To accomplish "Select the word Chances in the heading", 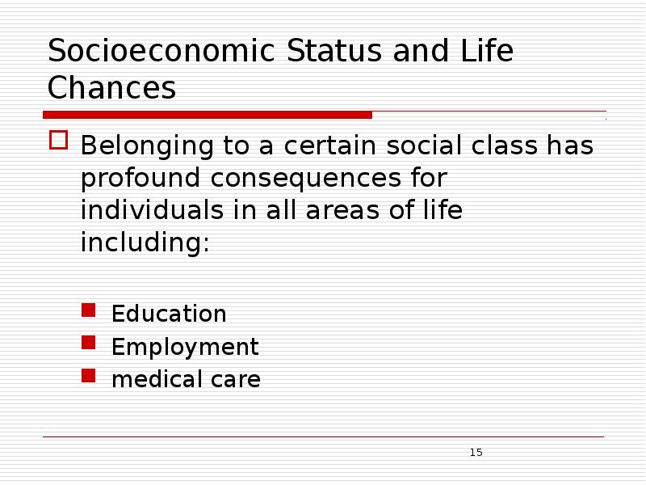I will coord(111,88).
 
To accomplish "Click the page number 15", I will coord(476,452).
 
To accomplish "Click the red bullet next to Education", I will coord(89,310).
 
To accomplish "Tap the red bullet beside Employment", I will coord(89,344).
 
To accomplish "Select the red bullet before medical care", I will coord(89,376).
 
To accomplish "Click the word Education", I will coord(169,314).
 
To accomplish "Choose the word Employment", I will coord(185,347).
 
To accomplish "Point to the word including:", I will coord(145,242).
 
